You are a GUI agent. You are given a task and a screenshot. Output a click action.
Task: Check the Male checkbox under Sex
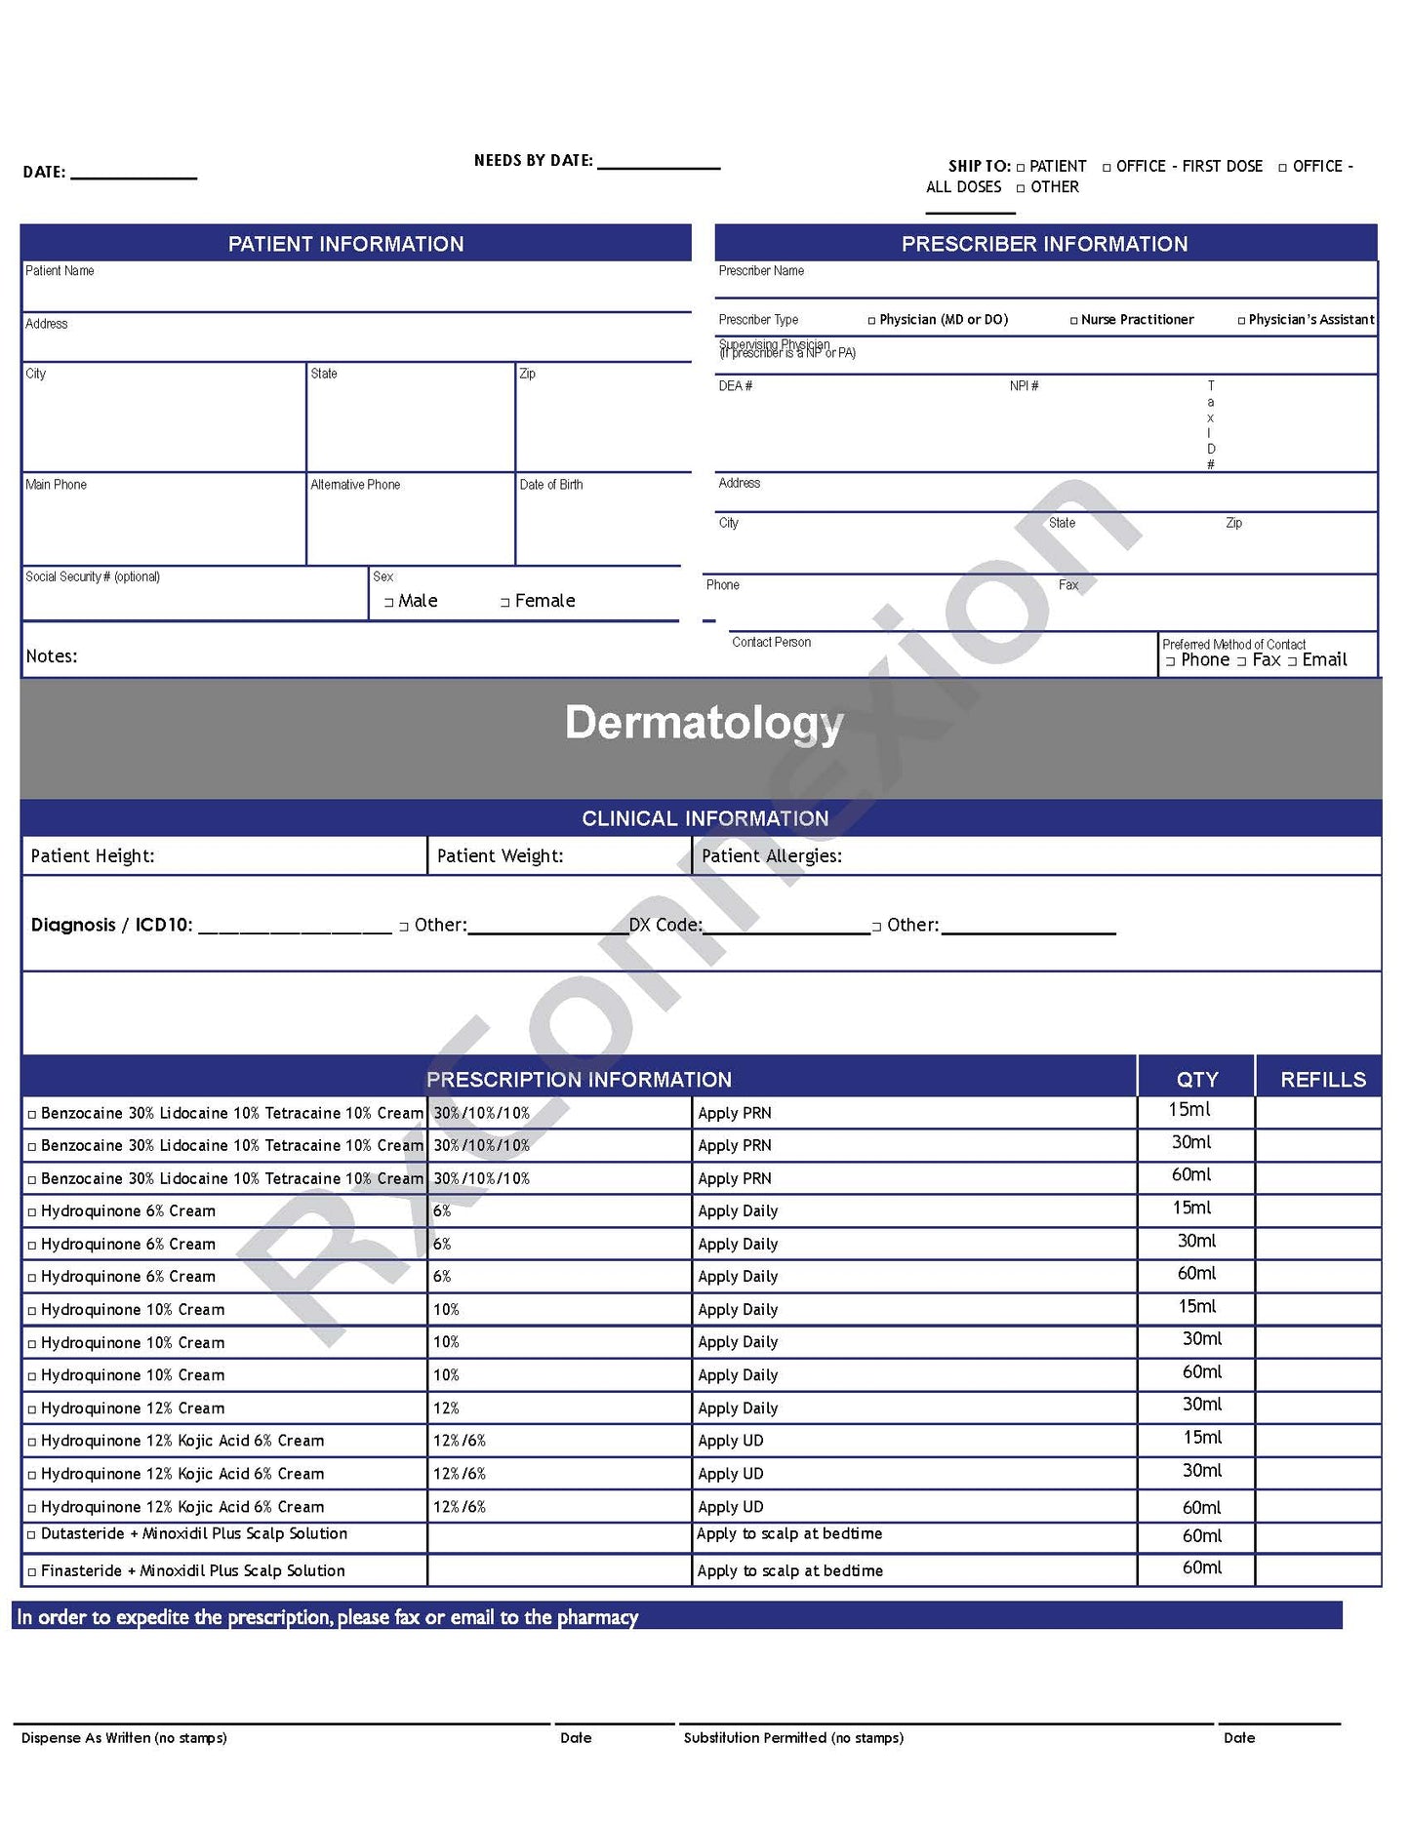pos(388,603)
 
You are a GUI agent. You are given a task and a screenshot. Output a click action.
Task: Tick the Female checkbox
pos(504,603)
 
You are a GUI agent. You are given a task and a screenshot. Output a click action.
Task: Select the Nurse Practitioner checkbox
pos(1074,321)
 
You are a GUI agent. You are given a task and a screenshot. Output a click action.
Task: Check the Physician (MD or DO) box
pos(871,321)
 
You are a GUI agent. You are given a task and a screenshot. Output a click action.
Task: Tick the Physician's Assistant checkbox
pos(1241,321)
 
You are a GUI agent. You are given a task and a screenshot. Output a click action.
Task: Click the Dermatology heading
pos(704,723)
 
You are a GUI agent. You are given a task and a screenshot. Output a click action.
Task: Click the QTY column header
pos(1196,1079)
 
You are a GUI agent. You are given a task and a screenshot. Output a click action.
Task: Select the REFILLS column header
pos(1322,1079)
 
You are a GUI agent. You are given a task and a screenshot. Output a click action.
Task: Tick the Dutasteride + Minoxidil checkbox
pos(32,1535)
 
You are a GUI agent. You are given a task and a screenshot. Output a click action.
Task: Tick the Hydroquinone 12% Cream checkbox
pos(32,1409)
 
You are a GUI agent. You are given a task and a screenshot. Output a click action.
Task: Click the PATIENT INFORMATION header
pos(345,244)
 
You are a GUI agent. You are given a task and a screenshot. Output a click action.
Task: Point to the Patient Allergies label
pos(771,856)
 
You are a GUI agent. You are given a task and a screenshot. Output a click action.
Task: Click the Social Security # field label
pos(93,576)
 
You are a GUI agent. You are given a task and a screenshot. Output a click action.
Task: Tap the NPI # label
pos(1024,386)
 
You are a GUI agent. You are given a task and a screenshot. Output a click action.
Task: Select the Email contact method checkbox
pos(1292,662)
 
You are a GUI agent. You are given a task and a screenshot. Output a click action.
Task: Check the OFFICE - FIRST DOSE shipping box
pos(1107,168)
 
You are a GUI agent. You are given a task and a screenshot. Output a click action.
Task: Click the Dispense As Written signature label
pos(124,1737)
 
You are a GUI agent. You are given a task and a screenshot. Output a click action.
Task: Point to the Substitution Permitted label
pos(793,1737)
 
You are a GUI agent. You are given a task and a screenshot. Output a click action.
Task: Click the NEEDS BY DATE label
pos(533,161)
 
